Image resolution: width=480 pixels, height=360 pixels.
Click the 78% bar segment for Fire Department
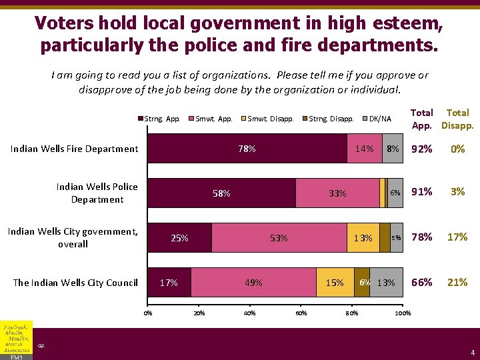(x=247, y=149)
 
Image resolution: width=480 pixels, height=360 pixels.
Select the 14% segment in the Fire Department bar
(x=364, y=149)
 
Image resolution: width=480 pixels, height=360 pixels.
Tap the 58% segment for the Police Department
(x=221, y=193)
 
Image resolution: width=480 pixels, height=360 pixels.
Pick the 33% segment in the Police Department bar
(x=337, y=193)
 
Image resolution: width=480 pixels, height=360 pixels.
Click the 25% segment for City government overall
(x=179, y=238)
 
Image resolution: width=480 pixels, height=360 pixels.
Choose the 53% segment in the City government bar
(x=279, y=238)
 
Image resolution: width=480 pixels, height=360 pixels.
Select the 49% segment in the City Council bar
(x=253, y=283)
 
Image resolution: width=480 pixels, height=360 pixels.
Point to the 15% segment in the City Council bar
(x=335, y=283)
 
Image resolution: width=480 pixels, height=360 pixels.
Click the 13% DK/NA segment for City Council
(x=386, y=283)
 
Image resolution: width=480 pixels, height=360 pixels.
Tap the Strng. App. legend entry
(x=159, y=119)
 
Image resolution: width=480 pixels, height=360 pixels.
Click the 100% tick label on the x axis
(x=403, y=313)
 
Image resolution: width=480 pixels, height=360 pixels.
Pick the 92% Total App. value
(x=422, y=149)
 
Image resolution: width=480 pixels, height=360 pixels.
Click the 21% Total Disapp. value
(x=457, y=283)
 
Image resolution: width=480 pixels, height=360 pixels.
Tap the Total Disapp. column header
(x=457, y=119)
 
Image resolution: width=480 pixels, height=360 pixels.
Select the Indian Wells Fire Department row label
(x=74, y=149)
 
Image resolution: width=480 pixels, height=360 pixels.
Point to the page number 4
(x=472, y=352)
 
